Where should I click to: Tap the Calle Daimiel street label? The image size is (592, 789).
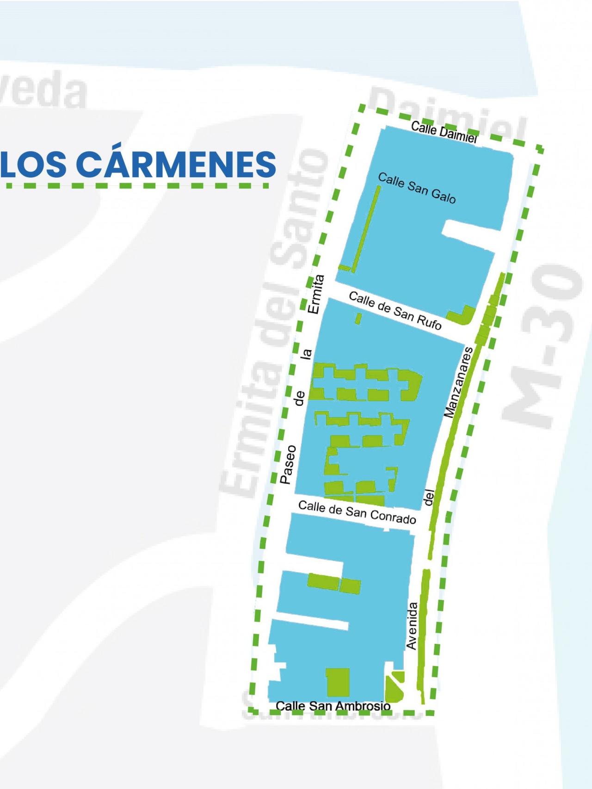444,133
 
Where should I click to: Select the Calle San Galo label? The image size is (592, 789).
417,188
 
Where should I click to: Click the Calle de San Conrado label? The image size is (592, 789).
357,512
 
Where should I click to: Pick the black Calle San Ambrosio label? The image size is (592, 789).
333,706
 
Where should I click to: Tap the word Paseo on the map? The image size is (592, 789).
287,464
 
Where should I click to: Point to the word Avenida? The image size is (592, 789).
411,625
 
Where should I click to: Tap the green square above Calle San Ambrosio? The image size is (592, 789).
337,681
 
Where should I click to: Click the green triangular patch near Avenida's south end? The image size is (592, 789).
394,686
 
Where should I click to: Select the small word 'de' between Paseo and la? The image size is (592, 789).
300,398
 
